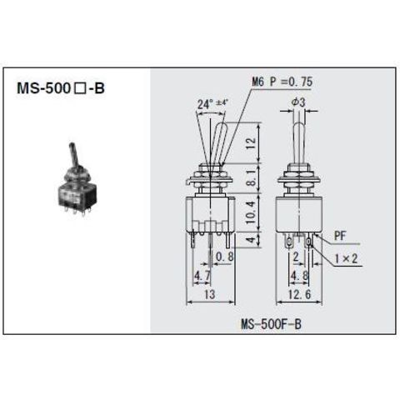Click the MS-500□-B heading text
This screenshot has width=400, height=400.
point(61,88)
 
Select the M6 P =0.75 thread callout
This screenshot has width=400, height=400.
point(282,82)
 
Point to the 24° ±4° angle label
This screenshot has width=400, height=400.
point(212,104)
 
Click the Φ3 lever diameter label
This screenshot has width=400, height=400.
point(298,102)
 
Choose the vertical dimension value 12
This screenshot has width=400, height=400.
point(251,143)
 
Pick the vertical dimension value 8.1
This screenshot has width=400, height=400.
point(251,178)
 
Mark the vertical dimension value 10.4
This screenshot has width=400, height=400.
point(251,212)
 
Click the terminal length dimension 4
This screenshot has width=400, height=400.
point(251,239)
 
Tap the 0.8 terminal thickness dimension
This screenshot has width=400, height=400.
point(225,257)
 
